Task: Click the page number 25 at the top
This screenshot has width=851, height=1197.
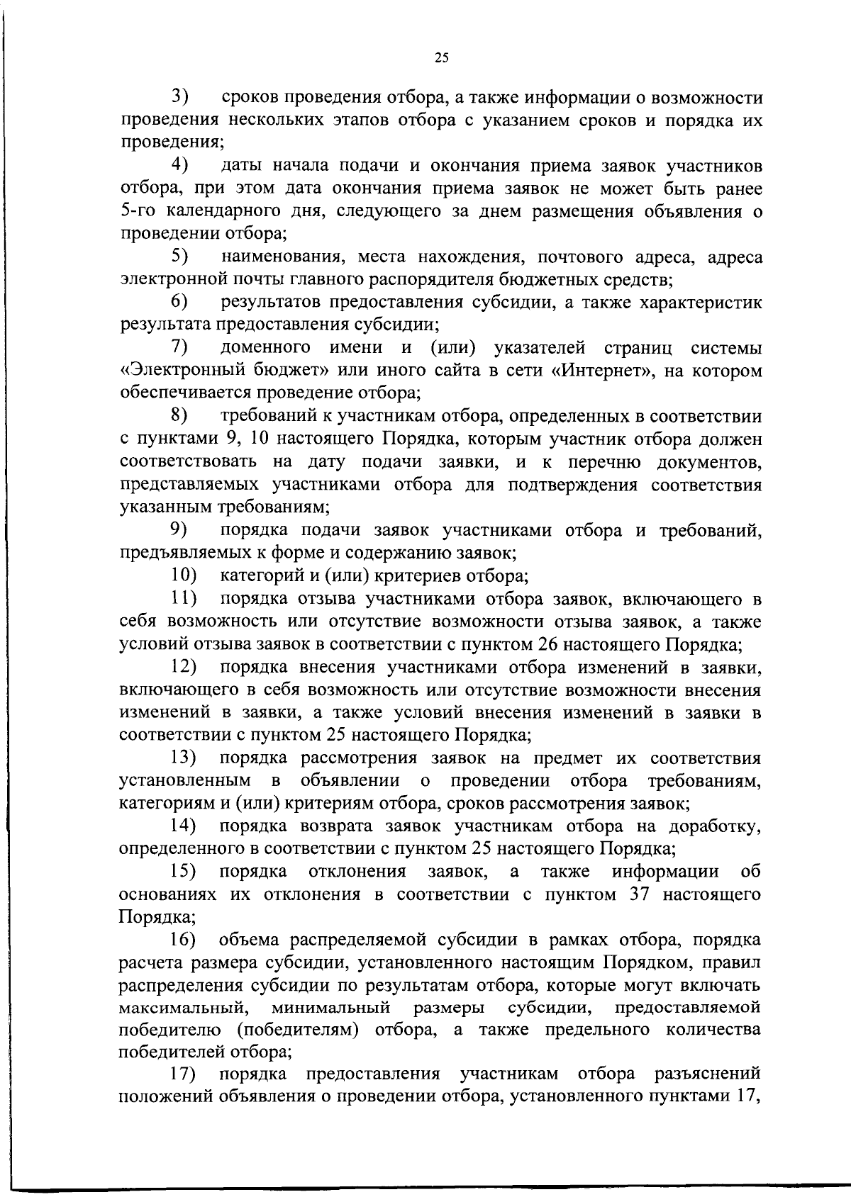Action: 440,59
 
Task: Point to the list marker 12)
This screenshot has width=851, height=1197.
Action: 183,667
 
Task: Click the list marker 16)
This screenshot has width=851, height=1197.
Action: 183,940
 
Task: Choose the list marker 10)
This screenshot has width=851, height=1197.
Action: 183,575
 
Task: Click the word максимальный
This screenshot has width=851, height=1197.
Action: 182,1007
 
